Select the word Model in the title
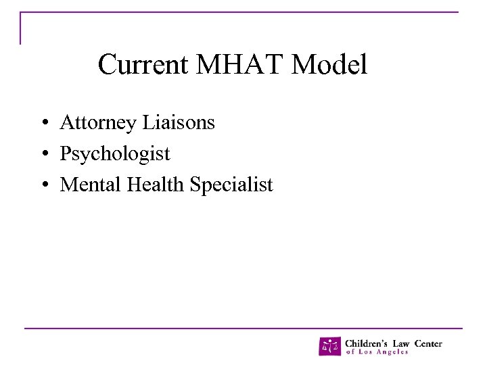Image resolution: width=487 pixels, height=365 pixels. point(330,65)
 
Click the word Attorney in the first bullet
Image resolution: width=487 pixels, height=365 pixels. point(98,123)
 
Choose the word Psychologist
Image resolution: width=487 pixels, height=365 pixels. point(115,154)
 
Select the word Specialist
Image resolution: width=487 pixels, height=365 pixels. point(232,185)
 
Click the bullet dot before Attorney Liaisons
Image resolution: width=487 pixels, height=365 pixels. point(43,124)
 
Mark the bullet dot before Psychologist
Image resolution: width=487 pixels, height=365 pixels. point(43,155)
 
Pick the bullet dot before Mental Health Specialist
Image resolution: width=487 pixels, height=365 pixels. point(43,185)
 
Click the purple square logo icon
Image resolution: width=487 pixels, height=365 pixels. point(330,346)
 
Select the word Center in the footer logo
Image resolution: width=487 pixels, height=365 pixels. point(430,343)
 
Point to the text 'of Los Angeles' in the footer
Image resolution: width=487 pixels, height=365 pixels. point(377,352)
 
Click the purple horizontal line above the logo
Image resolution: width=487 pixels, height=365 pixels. point(243,328)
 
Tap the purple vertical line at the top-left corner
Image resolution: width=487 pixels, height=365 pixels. point(21,28)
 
